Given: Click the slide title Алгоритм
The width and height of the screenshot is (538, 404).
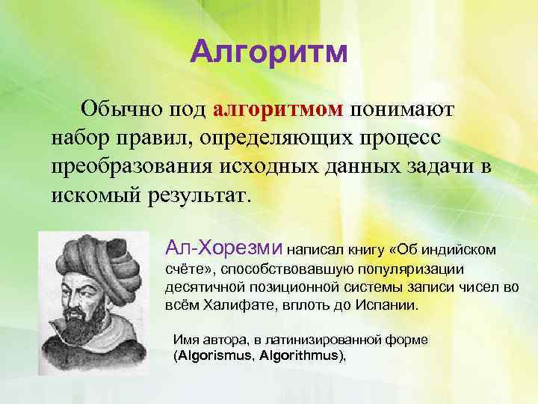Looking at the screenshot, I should pyautogui.click(x=268, y=52).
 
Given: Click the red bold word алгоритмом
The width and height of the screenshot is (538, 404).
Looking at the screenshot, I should pyautogui.click(x=278, y=110).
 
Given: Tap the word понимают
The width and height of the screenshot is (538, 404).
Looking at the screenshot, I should pyautogui.click(x=404, y=110).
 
